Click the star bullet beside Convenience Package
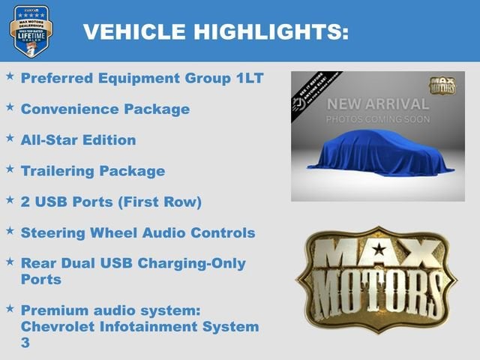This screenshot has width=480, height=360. (x=10, y=107)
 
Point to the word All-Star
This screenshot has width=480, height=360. (x=49, y=140)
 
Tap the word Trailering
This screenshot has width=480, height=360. (x=60, y=171)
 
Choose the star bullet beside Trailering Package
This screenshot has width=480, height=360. (x=10, y=169)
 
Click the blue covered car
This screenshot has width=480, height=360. (x=376, y=154)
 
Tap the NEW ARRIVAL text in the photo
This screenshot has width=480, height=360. (x=378, y=103)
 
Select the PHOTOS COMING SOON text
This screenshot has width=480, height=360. (x=378, y=119)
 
